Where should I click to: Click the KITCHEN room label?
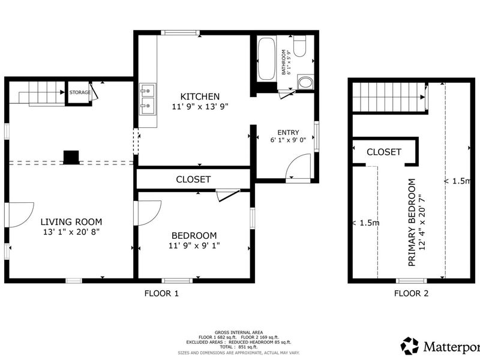(200, 97)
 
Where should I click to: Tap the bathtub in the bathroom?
(266, 59)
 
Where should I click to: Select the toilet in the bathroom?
(299, 46)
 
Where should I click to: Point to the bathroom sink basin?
(305, 82)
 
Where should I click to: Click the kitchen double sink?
(148, 99)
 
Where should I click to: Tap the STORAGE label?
(80, 92)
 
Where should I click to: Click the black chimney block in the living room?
(71, 157)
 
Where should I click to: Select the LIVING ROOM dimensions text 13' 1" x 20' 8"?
(71, 232)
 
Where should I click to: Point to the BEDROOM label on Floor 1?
(194, 235)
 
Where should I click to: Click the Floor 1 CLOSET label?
(193, 179)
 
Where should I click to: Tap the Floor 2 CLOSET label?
(384, 152)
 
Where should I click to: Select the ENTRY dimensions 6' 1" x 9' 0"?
(288, 140)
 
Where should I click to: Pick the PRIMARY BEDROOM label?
(412, 222)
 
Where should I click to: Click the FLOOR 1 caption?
(161, 293)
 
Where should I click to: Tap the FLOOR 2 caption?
(411, 293)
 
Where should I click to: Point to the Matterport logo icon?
(410, 346)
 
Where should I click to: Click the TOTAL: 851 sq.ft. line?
(239, 347)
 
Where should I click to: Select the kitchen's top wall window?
(181, 33)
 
